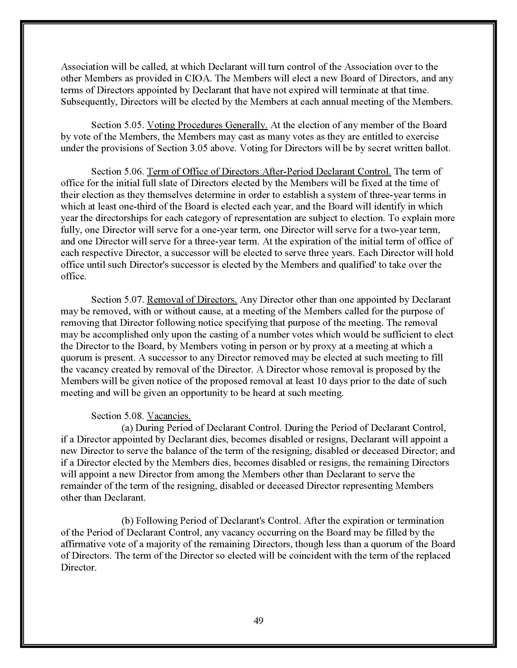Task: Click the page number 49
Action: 258,620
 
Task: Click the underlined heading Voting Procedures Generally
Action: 207,125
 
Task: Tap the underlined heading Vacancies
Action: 169,416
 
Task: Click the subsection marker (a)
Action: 127,427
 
